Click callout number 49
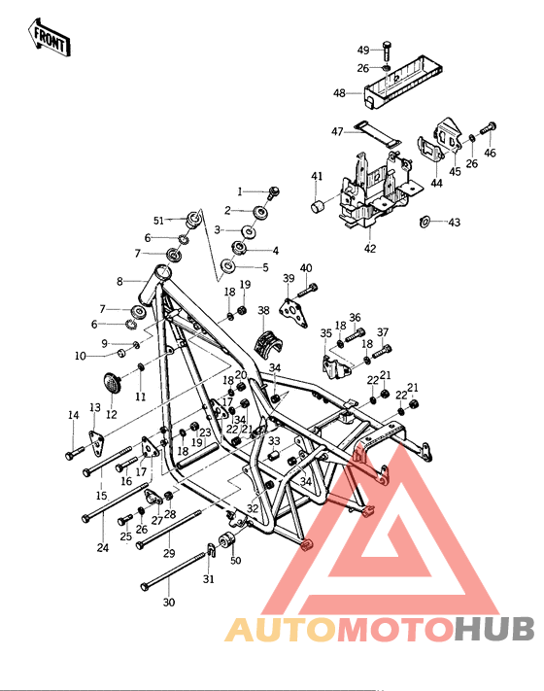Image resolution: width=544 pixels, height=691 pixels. (x=363, y=50)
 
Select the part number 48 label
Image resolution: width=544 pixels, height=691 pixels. (x=339, y=93)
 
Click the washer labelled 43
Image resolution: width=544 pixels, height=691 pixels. (x=425, y=224)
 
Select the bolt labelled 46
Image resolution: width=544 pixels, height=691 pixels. (x=488, y=127)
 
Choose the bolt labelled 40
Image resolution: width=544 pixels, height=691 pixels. (x=310, y=288)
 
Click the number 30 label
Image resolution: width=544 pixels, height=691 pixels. (x=169, y=603)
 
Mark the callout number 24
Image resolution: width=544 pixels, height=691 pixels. (x=103, y=547)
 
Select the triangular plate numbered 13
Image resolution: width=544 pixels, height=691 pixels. (x=97, y=439)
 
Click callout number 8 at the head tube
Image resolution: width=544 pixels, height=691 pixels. (x=120, y=282)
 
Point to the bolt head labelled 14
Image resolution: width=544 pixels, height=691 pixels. (x=70, y=455)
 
